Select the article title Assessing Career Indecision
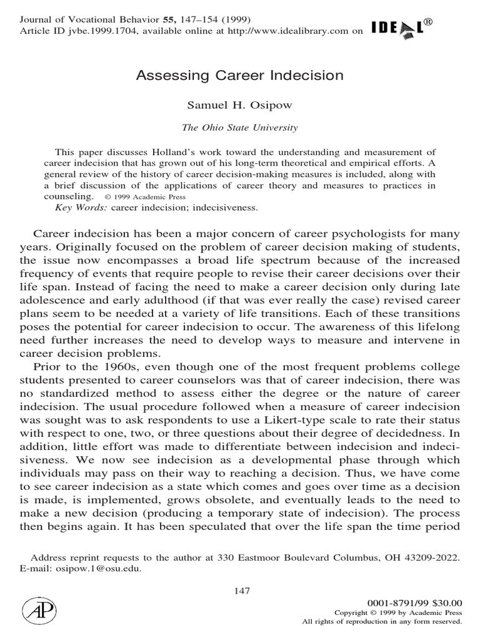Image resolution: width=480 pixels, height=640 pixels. [240, 76]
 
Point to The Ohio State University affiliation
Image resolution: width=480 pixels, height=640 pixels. [240, 127]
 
